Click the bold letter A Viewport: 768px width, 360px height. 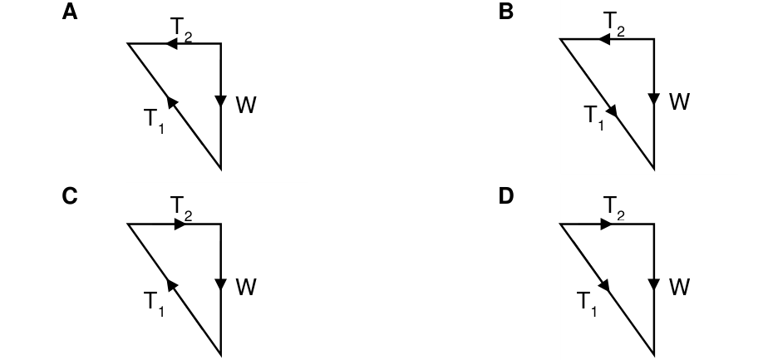coord(70,12)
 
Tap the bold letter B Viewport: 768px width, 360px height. coord(505,12)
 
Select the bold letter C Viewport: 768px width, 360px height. coord(70,196)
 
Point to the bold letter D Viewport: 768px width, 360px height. coord(505,196)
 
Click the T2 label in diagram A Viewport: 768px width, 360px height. coord(180,29)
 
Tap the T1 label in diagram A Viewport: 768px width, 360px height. coord(154,121)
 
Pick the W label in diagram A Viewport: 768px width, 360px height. coord(246,106)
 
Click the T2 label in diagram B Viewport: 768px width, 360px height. coord(614,24)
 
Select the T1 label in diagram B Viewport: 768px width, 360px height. coord(594,117)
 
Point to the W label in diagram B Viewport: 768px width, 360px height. coord(679,102)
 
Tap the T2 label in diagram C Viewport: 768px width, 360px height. coord(180,209)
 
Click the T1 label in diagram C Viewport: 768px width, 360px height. coord(154,303)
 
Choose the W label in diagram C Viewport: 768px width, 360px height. coord(246,288)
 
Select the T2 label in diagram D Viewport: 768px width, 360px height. coord(614,208)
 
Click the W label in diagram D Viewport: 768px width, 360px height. coord(679,287)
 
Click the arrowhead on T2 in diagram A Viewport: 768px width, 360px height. coord(171,43)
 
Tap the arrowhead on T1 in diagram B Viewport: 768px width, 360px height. coord(611,111)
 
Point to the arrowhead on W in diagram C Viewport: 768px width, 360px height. coord(221,284)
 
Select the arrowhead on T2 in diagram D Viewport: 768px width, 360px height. coord(606,224)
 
